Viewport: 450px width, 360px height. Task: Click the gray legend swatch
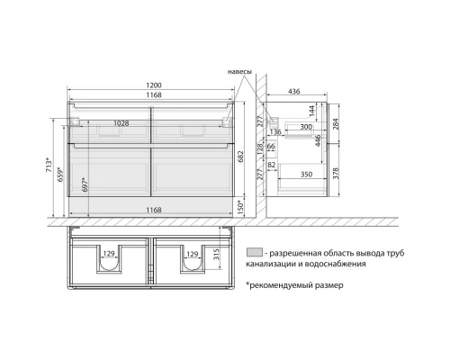[254, 253]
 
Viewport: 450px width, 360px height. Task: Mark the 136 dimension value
[275, 133]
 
